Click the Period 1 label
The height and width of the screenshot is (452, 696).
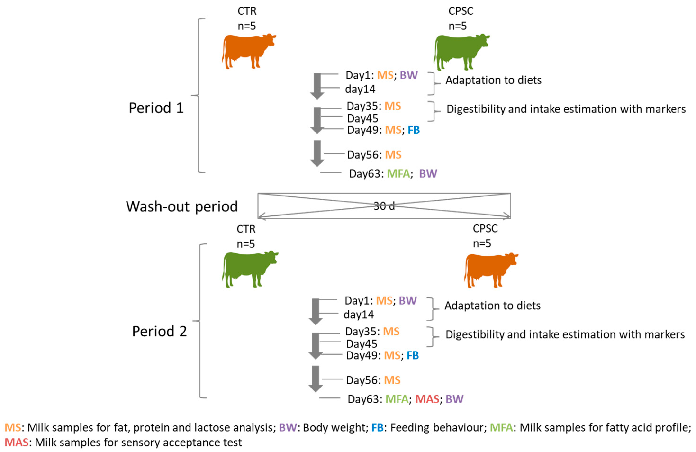click(x=156, y=108)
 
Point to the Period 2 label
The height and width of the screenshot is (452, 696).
click(x=159, y=331)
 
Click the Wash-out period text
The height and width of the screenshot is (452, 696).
click(x=182, y=206)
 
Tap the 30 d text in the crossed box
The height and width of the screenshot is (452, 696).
click(x=384, y=206)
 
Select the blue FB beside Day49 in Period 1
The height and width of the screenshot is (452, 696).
click(x=414, y=130)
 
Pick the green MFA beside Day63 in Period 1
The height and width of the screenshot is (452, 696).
click(x=398, y=174)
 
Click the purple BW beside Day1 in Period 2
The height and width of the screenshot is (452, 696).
click(x=407, y=301)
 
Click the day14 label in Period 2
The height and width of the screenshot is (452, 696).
click(x=359, y=315)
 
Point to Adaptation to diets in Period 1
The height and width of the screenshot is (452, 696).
click(x=493, y=80)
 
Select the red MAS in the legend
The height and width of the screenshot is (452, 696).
click(x=16, y=442)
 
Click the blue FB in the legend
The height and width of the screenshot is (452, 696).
click(x=377, y=427)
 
